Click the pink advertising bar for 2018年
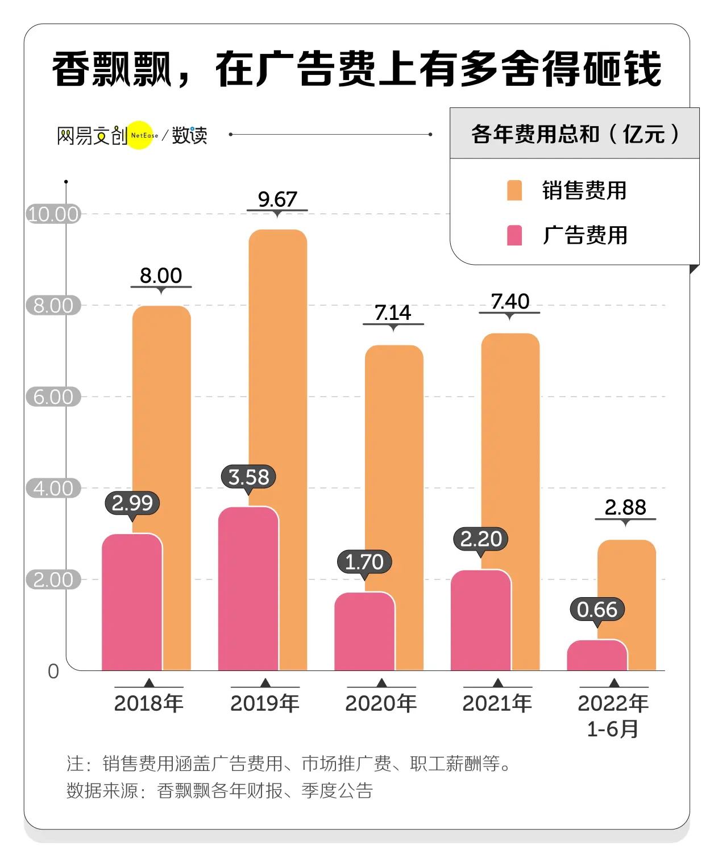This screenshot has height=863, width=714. tap(132, 602)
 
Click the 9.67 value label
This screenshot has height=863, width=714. tap(277, 199)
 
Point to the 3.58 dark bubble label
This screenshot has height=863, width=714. tap(248, 477)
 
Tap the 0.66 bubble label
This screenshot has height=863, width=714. tap(597, 610)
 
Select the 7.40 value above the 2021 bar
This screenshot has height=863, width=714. tap(510, 302)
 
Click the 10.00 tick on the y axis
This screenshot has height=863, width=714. tap(53, 214)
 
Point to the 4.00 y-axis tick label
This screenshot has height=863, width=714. tap(53, 489)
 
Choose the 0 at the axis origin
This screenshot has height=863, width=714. tap(53, 672)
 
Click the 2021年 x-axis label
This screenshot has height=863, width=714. tap(497, 703)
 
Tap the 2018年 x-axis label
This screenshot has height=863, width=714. tap(149, 703)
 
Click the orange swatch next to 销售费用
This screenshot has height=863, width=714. tap(514, 190)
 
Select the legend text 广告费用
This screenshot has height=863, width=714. tap(585, 235)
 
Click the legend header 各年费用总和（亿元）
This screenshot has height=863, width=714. tap(575, 134)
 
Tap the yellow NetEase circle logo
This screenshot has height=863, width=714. tap(140, 135)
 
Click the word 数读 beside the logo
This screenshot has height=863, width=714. tap(190, 135)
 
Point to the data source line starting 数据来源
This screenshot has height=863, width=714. tap(219, 791)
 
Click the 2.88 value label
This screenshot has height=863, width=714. tap(625, 507)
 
